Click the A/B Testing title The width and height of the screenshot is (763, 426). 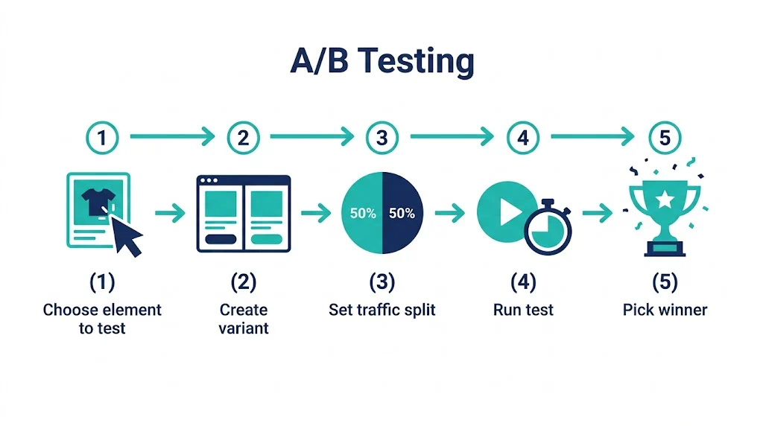click(382, 61)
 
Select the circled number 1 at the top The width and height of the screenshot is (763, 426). click(102, 138)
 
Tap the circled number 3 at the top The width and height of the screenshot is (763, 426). click(382, 138)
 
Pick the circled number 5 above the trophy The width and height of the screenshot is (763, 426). click(665, 138)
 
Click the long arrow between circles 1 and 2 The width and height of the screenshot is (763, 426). click(172, 136)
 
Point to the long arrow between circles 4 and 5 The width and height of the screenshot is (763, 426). click(592, 136)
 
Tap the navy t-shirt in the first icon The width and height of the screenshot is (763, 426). click(98, 202)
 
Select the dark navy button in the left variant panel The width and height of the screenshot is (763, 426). click(221, 239)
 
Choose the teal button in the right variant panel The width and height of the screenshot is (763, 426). click(266, 239)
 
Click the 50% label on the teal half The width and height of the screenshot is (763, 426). click(363, 213)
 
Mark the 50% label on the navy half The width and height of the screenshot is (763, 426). click(402, 213)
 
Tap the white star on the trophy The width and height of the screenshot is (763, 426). click(665, 198)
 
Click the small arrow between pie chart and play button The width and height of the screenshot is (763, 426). click(450, 213)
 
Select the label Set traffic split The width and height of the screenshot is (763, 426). click(382, 310)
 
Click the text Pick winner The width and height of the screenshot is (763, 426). click(665, 310)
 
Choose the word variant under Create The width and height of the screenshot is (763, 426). click(244, 328)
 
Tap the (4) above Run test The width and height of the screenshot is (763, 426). click(523, 282)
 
